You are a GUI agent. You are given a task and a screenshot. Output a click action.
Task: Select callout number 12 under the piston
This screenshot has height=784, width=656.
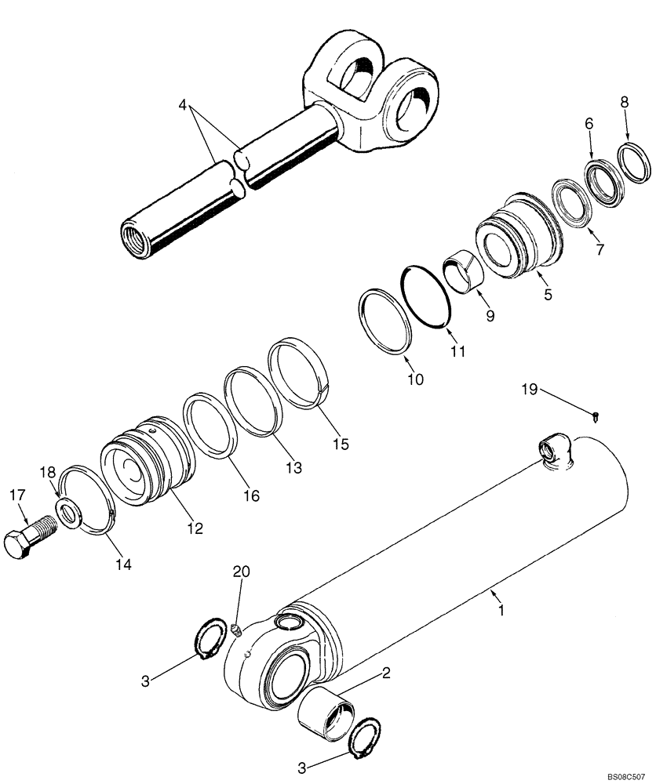click(x=195, y=529)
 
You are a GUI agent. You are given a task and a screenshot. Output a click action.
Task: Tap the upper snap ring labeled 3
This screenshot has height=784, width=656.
click(x=209, y=633)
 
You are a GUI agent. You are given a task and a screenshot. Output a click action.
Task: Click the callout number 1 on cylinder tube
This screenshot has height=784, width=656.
click(x=502, y=608)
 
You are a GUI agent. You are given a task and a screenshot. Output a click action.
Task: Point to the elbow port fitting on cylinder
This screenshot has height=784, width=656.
click(x=555, y=454)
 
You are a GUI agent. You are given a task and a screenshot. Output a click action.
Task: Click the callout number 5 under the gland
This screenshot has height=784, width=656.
click(x=548, y=296)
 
